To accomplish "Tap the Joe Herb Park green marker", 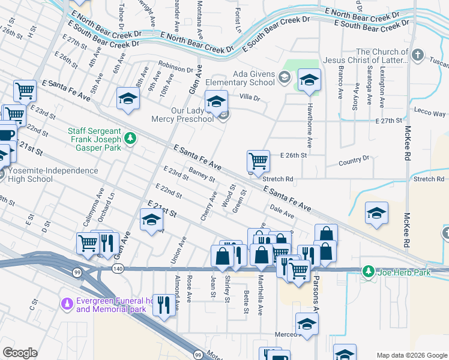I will tap(369, 272).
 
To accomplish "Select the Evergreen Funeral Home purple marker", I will tap(70, 305).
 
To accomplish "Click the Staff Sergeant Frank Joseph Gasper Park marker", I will tap(130, 140).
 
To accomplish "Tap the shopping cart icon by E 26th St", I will tap(258, 160).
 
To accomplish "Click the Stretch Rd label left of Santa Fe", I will tap(277, 178).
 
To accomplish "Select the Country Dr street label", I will tap(354, 160).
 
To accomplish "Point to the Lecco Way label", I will tap(430, 113).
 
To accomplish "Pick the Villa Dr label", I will tap(249, 97).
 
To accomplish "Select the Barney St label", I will tap(202, 175).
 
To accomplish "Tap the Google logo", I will tap(20, 353).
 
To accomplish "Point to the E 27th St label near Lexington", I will tap(388, 121).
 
